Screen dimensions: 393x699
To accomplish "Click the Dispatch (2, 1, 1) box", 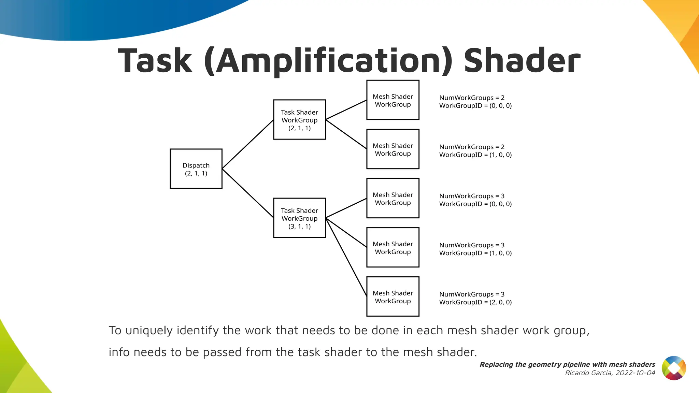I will point(196,169).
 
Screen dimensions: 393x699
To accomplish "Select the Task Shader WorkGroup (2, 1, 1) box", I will point(299,120).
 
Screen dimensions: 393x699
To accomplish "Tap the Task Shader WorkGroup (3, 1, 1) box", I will point(299,218).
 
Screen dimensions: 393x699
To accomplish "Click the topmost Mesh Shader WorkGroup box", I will point(393,100).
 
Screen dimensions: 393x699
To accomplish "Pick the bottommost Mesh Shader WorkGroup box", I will point(393,297).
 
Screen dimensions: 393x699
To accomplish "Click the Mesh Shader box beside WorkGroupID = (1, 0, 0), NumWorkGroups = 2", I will point(393,149).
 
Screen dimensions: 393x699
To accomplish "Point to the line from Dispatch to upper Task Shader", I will point(248,144).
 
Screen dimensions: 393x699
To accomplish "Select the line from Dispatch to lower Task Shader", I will point(248,193).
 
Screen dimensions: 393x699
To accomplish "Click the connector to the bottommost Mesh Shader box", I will point(346,257).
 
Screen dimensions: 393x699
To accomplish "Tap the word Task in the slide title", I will point(155,61).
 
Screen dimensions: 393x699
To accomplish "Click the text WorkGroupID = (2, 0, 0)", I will point(475,302).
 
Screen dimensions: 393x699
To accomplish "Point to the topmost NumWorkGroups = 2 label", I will point(472,98).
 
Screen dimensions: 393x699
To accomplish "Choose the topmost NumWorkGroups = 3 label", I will point(472,196).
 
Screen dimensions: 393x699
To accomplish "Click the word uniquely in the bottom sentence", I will point(149,331).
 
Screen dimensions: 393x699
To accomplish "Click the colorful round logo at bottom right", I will point(674,368).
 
